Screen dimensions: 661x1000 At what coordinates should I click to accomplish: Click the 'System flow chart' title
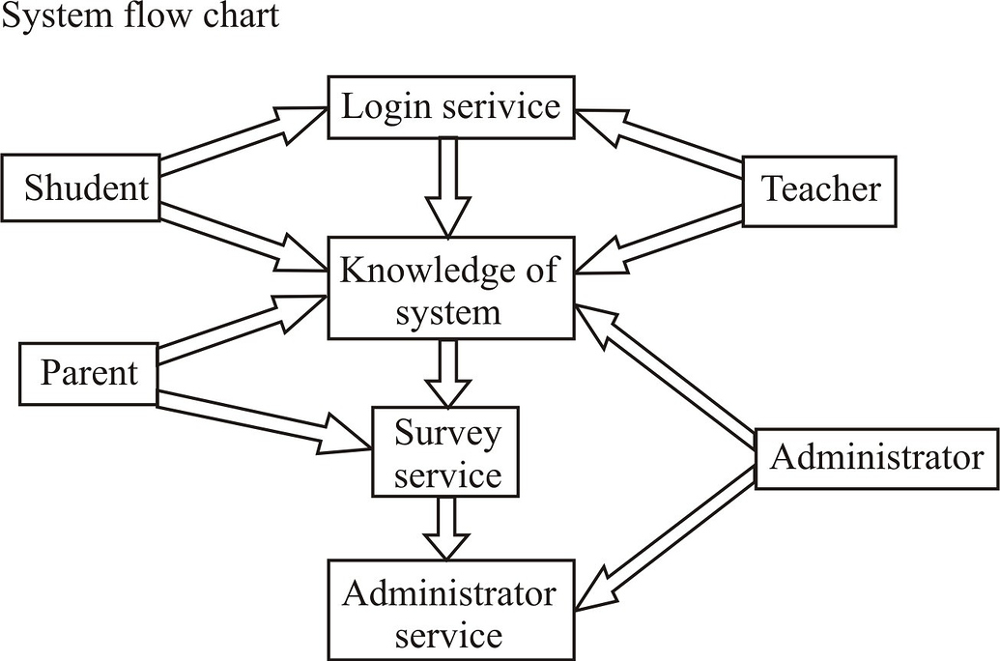[141, 15]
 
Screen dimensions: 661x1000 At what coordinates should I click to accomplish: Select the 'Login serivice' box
[451, 105]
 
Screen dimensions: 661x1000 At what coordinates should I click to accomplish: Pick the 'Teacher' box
[819, 190]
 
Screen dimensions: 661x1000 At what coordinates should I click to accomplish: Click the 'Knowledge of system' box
[450, 290]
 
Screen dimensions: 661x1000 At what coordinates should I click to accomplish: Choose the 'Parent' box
[89, 372]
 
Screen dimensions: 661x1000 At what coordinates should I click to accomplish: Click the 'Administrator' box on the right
[876, 457]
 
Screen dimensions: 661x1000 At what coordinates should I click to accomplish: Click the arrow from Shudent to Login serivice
[242, 141]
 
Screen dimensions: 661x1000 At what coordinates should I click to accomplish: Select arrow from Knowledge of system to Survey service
[447, 373]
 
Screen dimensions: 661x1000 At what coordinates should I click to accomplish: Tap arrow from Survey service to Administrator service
[447, 527]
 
